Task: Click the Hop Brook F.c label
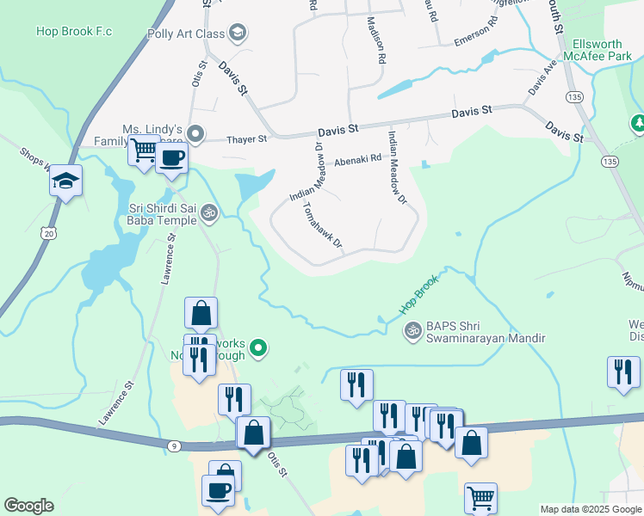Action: click(74, 32)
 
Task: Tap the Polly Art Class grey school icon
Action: click(238, 34)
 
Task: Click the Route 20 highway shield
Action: click(48, 233)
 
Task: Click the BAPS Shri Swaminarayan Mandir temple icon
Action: click(412, 329)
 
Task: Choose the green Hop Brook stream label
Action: click(418, 293)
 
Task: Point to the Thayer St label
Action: click(246, 138)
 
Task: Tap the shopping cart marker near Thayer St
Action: click(144, 152)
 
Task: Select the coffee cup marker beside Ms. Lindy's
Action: click(172, 160)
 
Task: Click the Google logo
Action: click(28, 506)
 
